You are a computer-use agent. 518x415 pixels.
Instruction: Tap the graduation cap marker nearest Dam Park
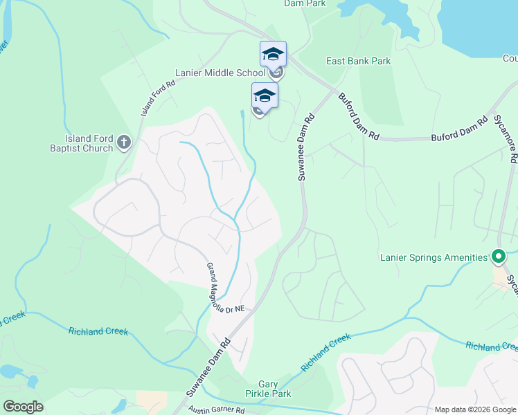[x=273, y=54]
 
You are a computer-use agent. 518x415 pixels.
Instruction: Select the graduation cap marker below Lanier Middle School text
[x=265, y=95]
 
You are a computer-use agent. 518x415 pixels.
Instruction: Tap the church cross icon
[x=124, y=142]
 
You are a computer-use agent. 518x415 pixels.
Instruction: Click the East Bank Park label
[x=358, y=61]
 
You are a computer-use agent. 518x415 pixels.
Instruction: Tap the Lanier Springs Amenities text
[x=434, y=258]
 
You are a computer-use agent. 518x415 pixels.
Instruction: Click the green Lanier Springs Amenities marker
[x=498, y=257]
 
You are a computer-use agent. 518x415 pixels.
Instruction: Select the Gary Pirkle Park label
[x=274, y=389]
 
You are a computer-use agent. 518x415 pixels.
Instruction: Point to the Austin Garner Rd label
[x=216, y=410]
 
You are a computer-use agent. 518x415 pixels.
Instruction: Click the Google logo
[x=23, y=407]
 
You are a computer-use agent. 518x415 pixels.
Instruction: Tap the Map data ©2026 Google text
[x=474, y=409]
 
